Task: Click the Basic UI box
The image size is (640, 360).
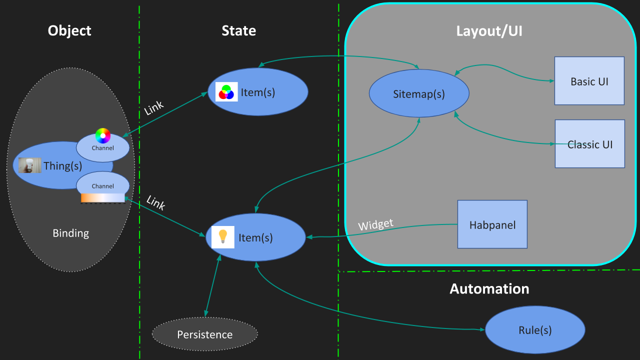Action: (x=589, y=81)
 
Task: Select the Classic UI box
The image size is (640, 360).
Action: (x=589, y=144)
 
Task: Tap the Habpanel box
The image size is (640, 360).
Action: (x=492, y=224)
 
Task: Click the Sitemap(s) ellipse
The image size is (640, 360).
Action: (x=418, y=93)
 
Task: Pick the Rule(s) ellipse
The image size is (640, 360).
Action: (x=534, y=330)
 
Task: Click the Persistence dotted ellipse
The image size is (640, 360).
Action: (x=204, y=334)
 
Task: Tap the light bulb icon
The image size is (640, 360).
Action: (x=223, y=237)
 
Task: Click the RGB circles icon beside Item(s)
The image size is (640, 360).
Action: (x=226, y=92)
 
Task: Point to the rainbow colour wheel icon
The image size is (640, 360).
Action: (x=103, y=135)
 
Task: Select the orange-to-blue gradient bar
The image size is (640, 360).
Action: (x=102, y=198)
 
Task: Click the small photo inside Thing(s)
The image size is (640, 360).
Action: (x=29, y=165)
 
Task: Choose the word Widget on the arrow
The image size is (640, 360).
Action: (x=375, y=224)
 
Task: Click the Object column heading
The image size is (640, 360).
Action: (x=69, y=31)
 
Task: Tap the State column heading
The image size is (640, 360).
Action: (x=238, y=31)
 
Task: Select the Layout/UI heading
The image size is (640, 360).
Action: (x=489, y=31)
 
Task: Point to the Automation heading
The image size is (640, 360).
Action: (x=489, y=288)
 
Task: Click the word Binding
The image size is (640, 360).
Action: (x=70, y=233)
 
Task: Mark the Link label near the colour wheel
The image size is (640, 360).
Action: (x=154, y=108)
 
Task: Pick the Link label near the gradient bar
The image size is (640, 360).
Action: (x=155, y=202)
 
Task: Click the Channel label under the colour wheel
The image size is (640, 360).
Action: (x=102, y=148)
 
